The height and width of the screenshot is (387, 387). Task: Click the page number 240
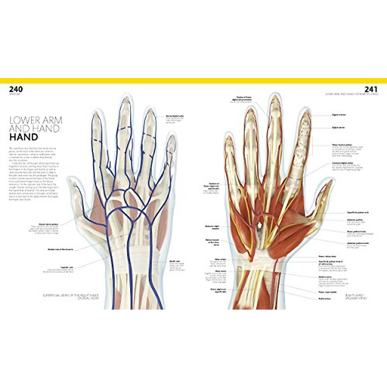tap(16, 89)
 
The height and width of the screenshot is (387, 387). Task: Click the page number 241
tap(371, 89)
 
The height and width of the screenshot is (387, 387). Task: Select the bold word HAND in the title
tap(24, 137)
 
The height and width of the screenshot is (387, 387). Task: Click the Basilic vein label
tap(174, 262)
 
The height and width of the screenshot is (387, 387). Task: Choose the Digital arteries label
tap(339, 114)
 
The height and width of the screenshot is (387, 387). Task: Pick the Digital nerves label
tap(339, 128)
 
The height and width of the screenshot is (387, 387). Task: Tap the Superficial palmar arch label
tap(358, 213)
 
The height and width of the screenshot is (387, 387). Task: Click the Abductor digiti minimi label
tap(212, 226)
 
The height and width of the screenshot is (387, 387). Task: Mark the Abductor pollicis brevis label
tap(358, 243)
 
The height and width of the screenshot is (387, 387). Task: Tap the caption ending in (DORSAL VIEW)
tap(71, 297)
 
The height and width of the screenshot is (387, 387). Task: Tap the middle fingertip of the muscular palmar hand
tap(274, 100)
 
